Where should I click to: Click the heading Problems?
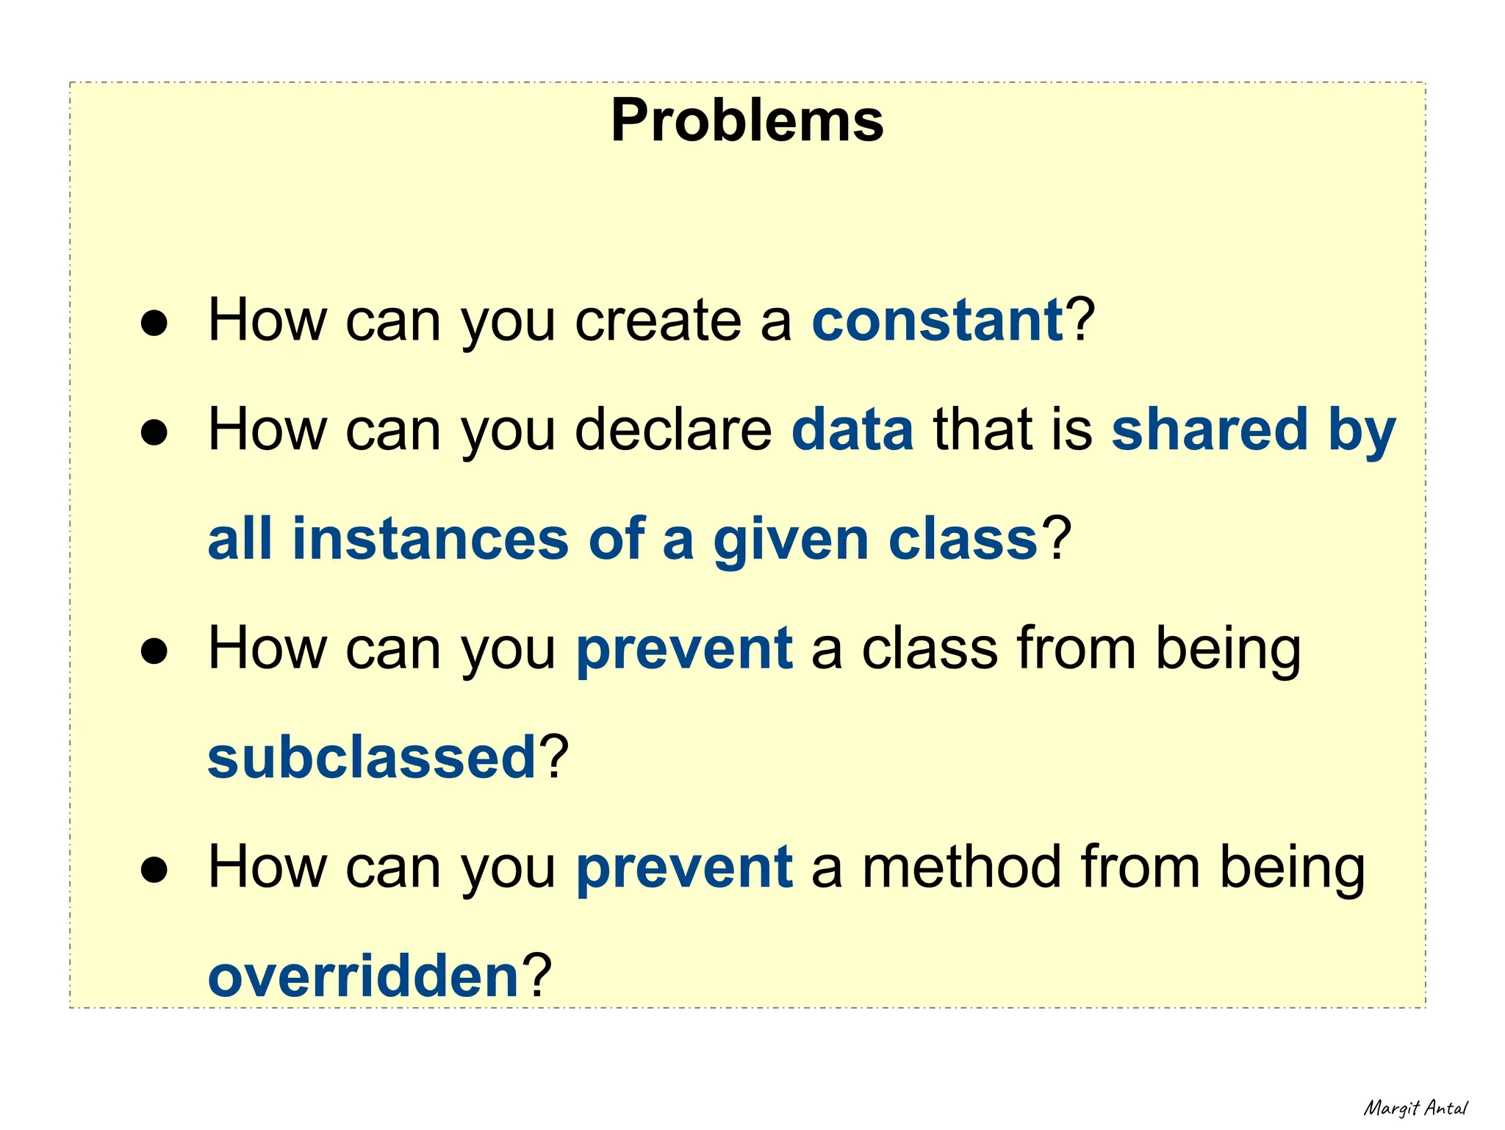[x=747, y=121]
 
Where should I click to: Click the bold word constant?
[x=937, y=321]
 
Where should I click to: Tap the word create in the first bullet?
[x=658, y=321]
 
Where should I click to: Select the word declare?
[x=673, y=429]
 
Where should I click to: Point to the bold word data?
[x=852, y=429]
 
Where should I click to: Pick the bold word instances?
[x=431, y=539]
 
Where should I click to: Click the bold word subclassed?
[x=372, y=758]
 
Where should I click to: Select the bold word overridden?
[x=364, y=976]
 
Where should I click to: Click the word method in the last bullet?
[x=961, y=868]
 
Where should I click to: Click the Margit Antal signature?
[x=1415, y=1108]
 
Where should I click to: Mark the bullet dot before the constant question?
[x=154, y=323]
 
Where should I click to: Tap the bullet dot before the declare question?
[x=154, y=433]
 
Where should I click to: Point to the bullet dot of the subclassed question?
[x=154, y=651]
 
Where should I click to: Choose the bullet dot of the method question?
[x=154, y=870]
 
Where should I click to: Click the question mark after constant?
[x=1080, y=321]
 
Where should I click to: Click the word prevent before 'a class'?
[x=684, y=650]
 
